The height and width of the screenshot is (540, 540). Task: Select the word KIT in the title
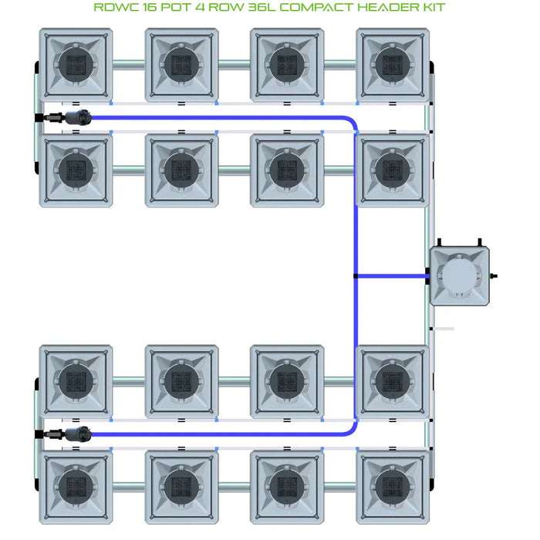433,8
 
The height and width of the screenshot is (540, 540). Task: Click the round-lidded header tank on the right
460,275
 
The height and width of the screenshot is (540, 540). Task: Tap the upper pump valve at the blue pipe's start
77,118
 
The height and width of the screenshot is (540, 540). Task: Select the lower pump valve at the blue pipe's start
77,434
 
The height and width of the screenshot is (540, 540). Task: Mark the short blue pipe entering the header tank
392,275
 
